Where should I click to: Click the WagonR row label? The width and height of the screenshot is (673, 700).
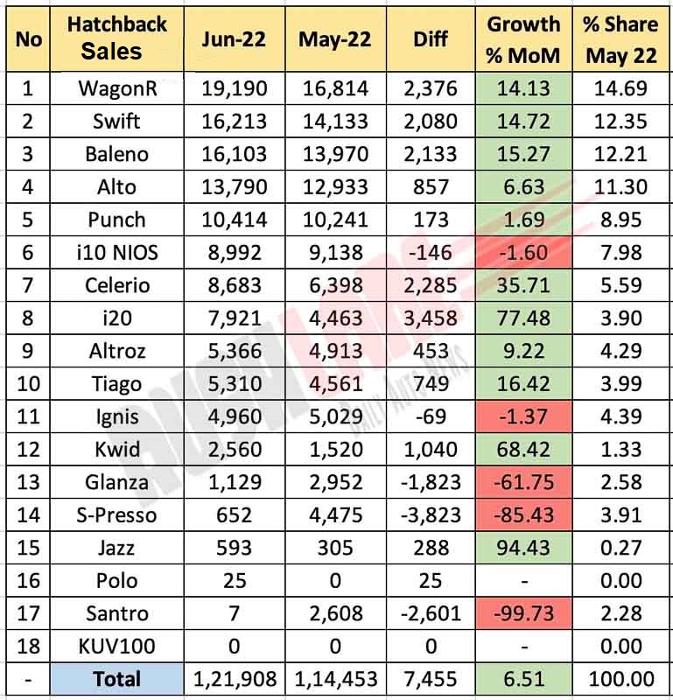pos(117,88)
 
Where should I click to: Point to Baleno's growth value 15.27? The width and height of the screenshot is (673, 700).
pos(524,154)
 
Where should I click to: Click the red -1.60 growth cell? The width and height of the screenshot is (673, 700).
pos(524,252)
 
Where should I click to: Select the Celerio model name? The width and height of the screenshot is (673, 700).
pos(117,285)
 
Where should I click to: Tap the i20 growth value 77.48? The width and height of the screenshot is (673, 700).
pos(524,318)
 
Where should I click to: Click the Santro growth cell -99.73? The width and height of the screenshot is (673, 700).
pos(524,613)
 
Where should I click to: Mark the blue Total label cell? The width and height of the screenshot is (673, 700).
pos(117,679)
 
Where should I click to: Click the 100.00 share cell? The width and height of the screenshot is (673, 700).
pos(621,679)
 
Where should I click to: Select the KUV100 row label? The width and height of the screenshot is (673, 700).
pos(117,646)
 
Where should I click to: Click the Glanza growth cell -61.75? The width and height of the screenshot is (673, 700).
pos(524,482)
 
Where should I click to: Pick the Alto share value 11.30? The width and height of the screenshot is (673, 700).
pos(621,186)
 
